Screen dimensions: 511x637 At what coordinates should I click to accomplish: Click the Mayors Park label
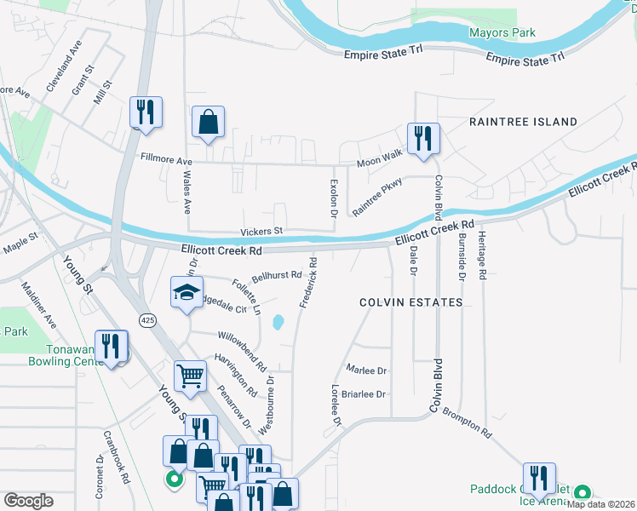[502, 33]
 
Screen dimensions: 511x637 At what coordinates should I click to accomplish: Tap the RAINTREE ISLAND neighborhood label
[523, 123]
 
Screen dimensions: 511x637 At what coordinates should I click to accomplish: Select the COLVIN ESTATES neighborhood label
[410, 302]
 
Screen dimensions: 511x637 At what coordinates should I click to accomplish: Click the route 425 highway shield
[147, 319]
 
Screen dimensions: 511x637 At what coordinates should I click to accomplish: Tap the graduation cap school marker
[187, 293]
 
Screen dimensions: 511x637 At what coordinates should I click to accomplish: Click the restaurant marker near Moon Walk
[423, 139]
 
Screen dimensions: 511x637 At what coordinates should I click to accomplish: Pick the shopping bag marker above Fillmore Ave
[208, 123]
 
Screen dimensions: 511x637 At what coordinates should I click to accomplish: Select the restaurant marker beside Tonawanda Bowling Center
[112, 347]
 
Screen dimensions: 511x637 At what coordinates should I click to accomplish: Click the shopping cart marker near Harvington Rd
[190, 376]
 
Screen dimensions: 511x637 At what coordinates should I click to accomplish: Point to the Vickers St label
[261, 231]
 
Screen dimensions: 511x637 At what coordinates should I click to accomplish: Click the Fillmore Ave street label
[167, 159]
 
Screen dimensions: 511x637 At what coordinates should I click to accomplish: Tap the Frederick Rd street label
[308, 283]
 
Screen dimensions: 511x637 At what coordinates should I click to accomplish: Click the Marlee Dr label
[366, 370]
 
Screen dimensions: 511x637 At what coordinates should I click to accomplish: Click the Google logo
[28, 501]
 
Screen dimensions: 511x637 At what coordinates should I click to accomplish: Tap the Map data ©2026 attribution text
[600, 504]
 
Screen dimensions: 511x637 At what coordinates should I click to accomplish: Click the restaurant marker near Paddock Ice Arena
[539, 479]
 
